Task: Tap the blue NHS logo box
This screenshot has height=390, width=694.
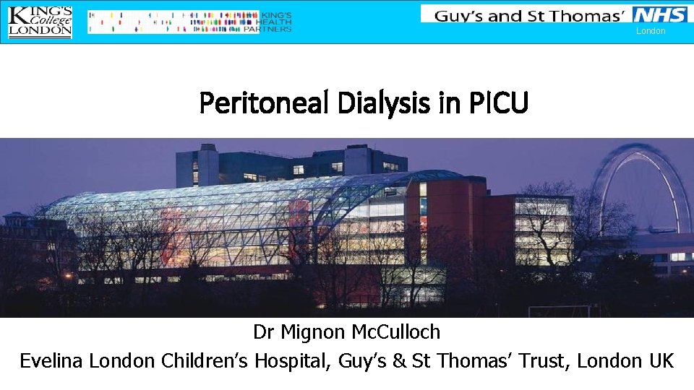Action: [659, 14]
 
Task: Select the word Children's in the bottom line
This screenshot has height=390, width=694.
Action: [207, 360]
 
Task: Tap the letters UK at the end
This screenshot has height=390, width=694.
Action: [659, 360]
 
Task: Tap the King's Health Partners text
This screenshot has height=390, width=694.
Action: [275, 22]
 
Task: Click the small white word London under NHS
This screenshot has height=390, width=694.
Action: [651, 31]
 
